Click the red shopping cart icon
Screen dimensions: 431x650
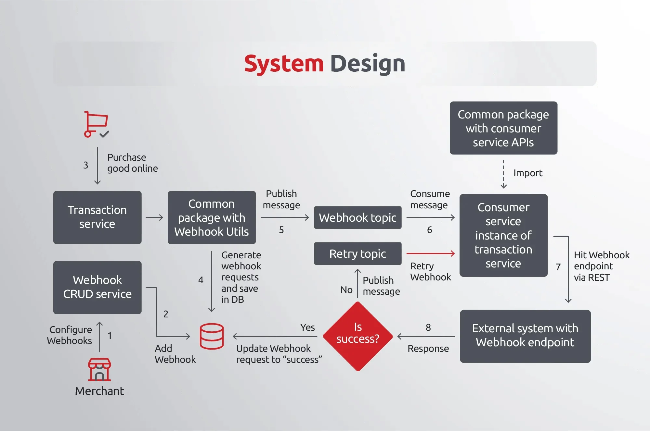(96, 124)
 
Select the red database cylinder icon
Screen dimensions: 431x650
(212, 336)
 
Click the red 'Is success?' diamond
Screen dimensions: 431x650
(358, 336)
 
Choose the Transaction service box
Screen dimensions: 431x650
(97, 217)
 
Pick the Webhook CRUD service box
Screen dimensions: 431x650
(97, 287)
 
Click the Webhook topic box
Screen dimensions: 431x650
(357, 217)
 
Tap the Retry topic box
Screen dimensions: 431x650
(357, 253)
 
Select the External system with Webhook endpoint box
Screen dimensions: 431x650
(525, 336)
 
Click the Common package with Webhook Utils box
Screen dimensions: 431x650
(212, 217)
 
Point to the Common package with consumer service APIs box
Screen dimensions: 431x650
(503, 128)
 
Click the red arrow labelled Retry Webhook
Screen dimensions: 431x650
(430, 253)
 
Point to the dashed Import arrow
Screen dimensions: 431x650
(503, 174)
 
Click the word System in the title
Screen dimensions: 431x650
(284, 64)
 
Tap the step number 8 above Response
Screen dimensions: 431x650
(428, 327)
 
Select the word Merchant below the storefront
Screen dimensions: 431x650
(99, 391)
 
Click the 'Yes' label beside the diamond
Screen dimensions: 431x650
(307, 327)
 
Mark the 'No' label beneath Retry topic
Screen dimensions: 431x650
(346, 290)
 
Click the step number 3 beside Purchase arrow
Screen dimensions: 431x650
(85, 165)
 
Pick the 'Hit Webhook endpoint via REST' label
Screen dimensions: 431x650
(601, 266)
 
